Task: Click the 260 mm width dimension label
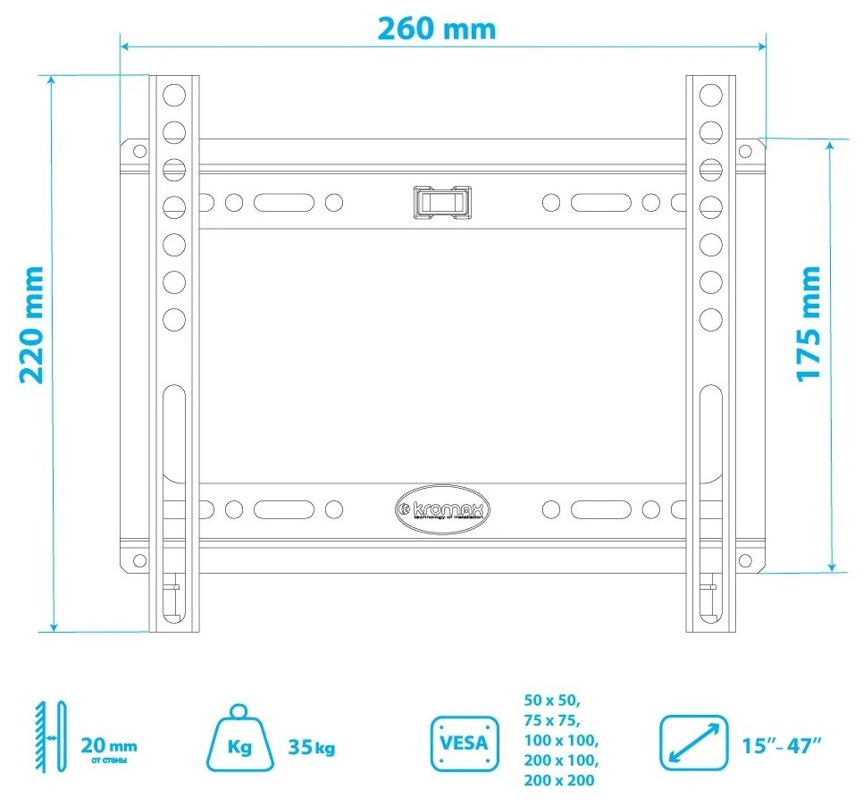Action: click(435, 28)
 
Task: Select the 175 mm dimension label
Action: click(809, 323)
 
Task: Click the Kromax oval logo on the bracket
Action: click(441, 509)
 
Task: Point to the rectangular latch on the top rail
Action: click(441, 201)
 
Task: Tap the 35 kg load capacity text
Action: click(312, 747)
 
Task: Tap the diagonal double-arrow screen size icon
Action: click(694, 742)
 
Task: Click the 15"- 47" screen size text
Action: click(782, 746)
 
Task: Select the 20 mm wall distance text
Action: click(109, 745)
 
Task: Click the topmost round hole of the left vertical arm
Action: click(173, 93)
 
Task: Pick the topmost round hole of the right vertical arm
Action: click(710, 93)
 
